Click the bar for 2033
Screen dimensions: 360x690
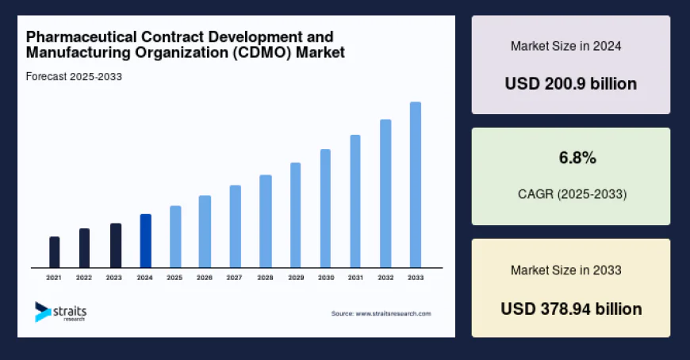tap(415, 185)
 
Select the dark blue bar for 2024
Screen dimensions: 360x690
tap(145, 241)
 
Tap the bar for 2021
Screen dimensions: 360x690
tap(54, 252)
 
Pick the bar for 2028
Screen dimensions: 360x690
tap(266, 221)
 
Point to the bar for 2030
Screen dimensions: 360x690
tap(325, 209)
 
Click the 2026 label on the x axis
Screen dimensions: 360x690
tap(205, 278)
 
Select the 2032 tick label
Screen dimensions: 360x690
tap(385, 278)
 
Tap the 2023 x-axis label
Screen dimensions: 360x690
tap(114, 278)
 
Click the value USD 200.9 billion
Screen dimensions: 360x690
tap(570, 83)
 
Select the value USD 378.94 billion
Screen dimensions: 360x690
tap(570, 308)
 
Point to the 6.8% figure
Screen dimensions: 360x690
tap(577, 159)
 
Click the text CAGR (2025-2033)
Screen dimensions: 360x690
tap(571, 193)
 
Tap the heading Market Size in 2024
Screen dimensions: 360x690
tap(565, 46)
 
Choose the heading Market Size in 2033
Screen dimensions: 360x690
tap(565, 270)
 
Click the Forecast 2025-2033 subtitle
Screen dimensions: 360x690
tap(74, 77)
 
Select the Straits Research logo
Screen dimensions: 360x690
tap(60, 312)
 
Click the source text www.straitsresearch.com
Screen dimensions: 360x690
tap(393, 314)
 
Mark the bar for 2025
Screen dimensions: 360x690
tap(175, 236)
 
